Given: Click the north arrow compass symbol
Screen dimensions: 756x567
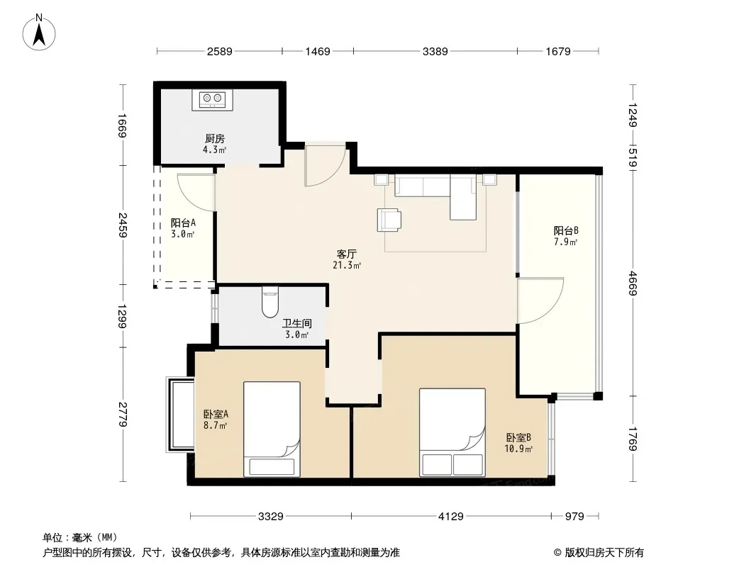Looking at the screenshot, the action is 38,33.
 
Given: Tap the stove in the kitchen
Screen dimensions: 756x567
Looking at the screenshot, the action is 212,100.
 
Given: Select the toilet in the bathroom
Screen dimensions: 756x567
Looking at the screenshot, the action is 270,302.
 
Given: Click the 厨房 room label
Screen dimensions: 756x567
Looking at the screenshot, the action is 215,139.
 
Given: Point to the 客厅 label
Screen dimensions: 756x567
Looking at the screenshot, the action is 346,254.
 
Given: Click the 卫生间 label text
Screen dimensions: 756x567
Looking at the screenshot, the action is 297,323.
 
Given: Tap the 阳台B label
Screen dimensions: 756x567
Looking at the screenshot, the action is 565,231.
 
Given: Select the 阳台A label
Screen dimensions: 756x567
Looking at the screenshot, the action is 183,223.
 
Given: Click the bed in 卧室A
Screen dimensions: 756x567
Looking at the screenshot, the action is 272,430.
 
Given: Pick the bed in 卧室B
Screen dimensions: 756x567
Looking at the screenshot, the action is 452,432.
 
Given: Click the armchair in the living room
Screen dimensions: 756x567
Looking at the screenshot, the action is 389,220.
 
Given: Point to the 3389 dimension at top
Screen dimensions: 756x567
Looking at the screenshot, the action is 435,51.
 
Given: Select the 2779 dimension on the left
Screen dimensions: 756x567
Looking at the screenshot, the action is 122,415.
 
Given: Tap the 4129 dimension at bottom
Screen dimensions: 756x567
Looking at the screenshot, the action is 451,517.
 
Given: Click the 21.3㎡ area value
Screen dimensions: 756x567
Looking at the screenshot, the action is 347,265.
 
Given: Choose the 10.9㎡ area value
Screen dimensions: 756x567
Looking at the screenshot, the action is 518,449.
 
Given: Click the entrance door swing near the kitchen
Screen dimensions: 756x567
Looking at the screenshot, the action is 326,164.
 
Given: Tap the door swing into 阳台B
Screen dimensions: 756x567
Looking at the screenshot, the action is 540,301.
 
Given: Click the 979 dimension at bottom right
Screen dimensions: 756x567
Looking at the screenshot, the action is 574,517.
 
